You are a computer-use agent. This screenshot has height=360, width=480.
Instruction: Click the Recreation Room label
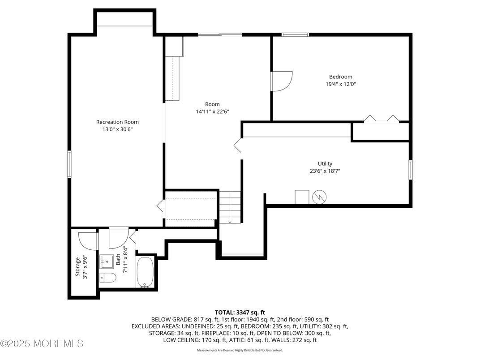point(117,122)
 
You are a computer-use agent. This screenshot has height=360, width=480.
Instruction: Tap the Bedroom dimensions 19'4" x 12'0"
point(341,84)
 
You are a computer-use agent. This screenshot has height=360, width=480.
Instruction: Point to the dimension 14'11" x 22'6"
point(212,112)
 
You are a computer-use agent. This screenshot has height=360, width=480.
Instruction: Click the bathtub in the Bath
point(145,273)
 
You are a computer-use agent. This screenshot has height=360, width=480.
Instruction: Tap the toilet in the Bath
point(108,278)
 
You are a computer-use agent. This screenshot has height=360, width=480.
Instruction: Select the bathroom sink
point(107,260)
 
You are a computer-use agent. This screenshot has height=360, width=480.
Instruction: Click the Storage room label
point(77,266)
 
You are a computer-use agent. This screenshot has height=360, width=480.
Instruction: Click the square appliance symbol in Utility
point(302,197)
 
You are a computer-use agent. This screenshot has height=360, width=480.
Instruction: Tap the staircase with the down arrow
point(230,206)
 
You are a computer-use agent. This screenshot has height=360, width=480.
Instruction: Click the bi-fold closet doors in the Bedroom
point(381,119)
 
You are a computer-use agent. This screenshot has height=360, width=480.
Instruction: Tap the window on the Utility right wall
point(411,170)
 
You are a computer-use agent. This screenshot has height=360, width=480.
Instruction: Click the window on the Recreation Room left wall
point(69,164)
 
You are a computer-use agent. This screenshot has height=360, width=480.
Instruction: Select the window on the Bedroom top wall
point(295,34)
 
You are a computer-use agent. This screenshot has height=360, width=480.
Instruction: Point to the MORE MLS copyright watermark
point(42,344)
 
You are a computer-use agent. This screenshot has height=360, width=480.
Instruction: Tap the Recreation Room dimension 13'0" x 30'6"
point(117,129)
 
